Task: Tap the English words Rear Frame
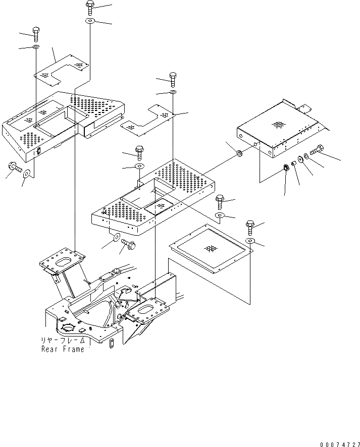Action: coord(63,349)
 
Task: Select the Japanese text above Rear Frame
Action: coord(63,341)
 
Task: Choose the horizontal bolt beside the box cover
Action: coord(318,149)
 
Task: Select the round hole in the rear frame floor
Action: coord(68,330)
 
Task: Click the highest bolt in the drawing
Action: coord(89,7)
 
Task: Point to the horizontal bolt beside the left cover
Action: coord(14,167)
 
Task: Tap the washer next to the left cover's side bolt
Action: coord(26,174)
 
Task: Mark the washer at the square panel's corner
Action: coord(250,241)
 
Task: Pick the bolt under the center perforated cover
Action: coord(128,244)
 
